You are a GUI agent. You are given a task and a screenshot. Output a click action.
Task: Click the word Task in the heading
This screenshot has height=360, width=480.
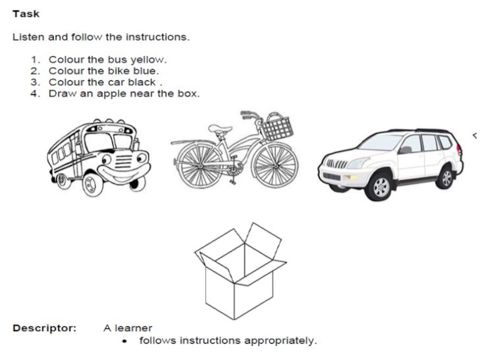(26, 14)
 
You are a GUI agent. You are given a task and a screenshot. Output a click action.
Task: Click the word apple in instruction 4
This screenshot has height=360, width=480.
(111, 94)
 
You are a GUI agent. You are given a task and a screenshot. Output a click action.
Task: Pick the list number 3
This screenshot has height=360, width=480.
(35, 82)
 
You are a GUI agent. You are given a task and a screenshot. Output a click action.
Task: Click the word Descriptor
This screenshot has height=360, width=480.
(44, 328)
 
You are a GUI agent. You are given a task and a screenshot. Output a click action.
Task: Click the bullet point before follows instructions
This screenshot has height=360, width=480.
(124, 341)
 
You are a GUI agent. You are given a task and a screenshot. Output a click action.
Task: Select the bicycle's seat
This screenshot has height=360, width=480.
(220, 128)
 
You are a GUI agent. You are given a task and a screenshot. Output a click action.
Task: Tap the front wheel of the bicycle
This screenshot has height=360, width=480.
(275, 166)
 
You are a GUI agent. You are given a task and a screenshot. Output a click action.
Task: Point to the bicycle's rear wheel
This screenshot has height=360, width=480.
(199, 166)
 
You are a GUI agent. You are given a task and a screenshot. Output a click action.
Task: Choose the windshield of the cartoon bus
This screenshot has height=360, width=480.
(108, 142)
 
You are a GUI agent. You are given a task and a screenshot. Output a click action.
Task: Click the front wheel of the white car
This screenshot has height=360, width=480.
(379, 186)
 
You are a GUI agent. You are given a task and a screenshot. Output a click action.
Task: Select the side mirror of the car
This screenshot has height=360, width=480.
(404, 149)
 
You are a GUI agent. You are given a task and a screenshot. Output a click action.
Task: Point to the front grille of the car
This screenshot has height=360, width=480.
(337, 164)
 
